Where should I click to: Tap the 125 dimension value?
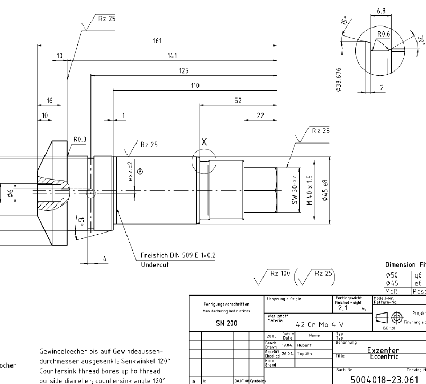tap(184, 70)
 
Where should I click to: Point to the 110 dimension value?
tap(195, 85)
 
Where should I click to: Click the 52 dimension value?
tap(238, 100)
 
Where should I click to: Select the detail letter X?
tap(203, 141)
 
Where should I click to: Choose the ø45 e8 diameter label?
tap(326, 191)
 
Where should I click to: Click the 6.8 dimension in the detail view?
tap(380, 11)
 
